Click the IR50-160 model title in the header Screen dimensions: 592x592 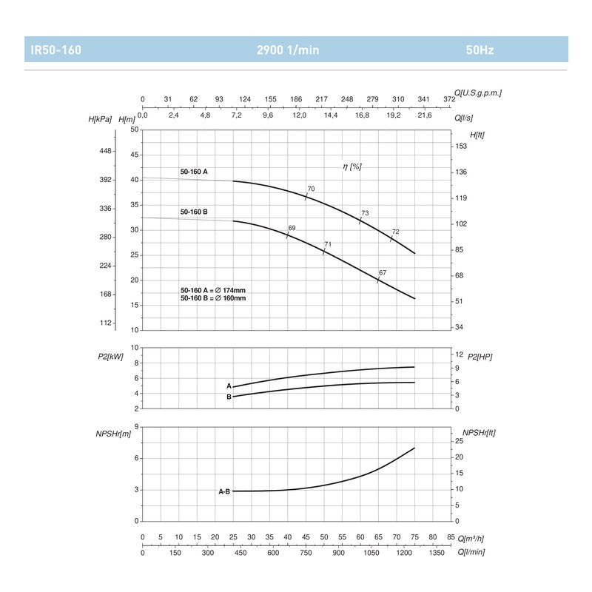pyautogui.click(x=55, y=51)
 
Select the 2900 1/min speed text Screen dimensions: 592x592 pyautogui.click(x=288, y=51)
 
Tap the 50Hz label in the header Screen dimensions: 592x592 pyautogui.click(x=480, y=51)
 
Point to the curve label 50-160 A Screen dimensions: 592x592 pyautogui.click(x=194, y=172)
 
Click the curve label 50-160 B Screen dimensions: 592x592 pyautogui.click(x=194, y=212)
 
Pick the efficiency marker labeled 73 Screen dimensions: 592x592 pyautogui.click(x=365, y=214)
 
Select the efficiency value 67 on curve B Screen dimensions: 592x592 pyautogui.click(x=383, y=273)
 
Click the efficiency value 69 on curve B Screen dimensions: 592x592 pyautogui.click(x=292, y=228)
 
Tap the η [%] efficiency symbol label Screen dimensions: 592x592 pyautogui.click(x=351, y=167)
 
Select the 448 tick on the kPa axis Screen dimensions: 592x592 pyautogui.click(x=105, y=151)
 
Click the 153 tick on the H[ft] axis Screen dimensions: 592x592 pyautogui.click(x=461, y=147)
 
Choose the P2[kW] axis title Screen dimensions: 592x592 pyautogui.click(x=110, y=357)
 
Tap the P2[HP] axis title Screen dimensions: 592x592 pyautogui.click(x=480, y=357)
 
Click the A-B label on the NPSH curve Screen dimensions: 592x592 pyautogui.click(x=224, y=491)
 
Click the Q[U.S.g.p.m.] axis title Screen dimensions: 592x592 pyautogui.click(x=480, y=92)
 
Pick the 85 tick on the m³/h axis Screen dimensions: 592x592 pyautogui.click(x=451, y=537)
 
